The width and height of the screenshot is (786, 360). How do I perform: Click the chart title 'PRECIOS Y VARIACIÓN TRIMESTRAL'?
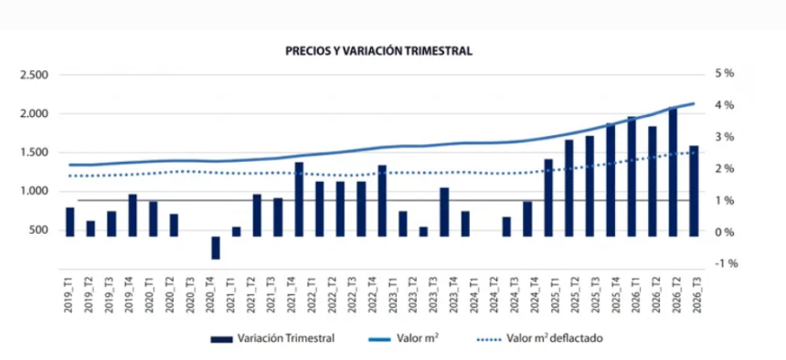(378, 51)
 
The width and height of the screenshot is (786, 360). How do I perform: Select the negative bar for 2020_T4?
(216, 248)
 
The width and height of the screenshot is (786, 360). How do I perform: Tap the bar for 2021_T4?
(299, 199)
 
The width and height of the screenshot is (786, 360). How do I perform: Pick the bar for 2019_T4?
(133, 215)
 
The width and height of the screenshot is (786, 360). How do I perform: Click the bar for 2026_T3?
(694, 191)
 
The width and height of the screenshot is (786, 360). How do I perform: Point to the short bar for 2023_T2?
(423, 231)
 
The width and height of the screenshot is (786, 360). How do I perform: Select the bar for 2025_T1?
(548, 197)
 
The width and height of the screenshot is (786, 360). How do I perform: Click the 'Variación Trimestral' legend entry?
(272, 338)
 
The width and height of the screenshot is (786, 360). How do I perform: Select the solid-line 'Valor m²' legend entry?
(404, 338)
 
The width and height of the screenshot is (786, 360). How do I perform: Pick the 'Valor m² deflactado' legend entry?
(539, 338)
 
